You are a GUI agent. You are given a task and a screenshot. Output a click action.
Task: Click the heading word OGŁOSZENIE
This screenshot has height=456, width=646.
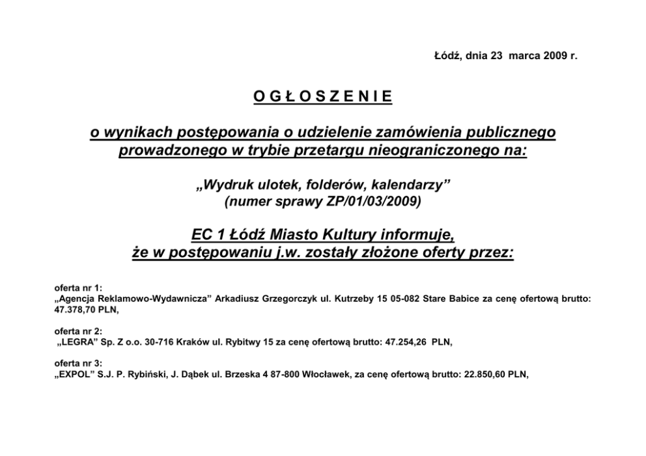pos(322,97)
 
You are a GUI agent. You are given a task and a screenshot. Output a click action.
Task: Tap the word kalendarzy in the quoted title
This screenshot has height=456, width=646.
pos(412,186)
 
